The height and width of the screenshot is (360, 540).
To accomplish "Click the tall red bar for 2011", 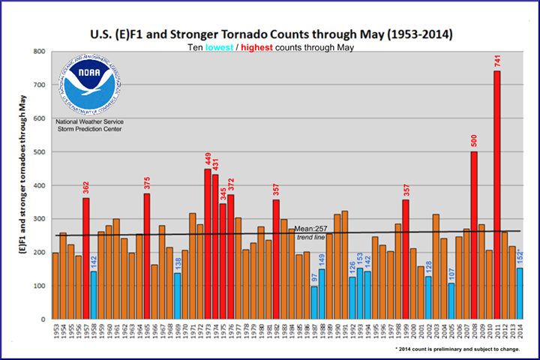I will (497, 195).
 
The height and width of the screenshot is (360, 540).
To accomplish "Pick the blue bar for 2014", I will (520, 293).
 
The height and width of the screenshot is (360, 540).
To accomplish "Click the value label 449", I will (208, 158).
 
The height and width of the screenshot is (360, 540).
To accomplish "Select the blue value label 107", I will (451, 271).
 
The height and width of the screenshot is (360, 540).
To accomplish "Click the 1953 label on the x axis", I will (55, 332).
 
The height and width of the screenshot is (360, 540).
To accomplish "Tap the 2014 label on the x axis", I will (520, 332).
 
